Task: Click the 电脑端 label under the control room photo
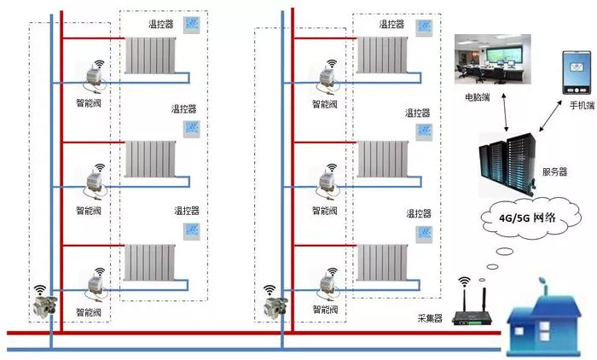click(477, 97)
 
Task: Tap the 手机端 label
click(582, 105)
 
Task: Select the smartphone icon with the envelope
click(577, 73)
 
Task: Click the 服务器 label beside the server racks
click(554, 171)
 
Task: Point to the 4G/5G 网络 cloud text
click(527, 218)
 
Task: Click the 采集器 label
click(430, 318)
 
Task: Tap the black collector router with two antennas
click(471, 306)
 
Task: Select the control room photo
click(493, 59)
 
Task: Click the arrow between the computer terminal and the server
click(505, 113)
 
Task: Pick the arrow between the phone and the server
click(551, 116)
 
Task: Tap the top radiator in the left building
click(150, 55)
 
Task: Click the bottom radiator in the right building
click(382, 263)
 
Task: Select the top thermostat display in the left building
click(192, 25)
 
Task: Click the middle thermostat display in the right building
click(424, 132)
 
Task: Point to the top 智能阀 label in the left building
click(89, 103)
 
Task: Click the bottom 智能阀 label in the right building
click(326, 310)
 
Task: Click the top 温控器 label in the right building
click(391, 25)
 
